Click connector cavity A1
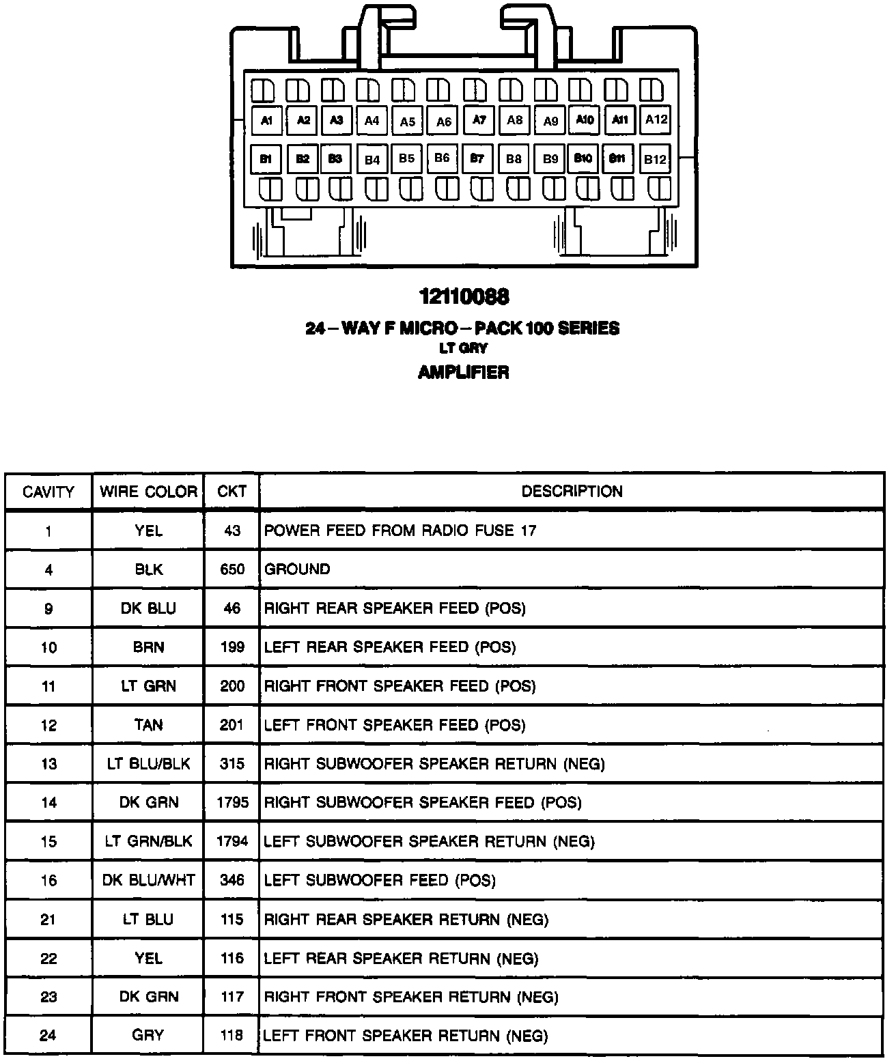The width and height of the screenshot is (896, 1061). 266,121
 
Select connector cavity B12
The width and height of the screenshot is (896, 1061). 655,159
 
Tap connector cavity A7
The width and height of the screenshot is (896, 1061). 479,120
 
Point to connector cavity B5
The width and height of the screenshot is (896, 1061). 407,158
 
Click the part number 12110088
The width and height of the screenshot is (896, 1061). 464,297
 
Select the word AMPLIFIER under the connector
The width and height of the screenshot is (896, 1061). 463,372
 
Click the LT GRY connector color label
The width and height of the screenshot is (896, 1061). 463,348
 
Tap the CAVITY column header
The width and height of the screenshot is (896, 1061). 48,492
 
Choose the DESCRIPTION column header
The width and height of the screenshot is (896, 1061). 572,492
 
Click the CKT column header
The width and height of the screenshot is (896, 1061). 232,492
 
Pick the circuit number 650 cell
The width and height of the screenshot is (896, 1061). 232,569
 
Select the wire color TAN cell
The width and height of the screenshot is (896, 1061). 148,725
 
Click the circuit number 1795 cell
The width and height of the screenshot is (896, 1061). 232,803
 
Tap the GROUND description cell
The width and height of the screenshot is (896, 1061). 297,569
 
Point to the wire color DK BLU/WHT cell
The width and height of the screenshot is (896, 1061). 148,881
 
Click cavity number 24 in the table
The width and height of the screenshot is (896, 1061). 48,1036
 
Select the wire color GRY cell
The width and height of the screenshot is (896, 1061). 148,1036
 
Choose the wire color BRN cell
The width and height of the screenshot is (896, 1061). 148,647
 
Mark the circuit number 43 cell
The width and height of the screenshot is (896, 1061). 232,530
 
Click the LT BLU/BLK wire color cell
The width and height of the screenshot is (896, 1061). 148,764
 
